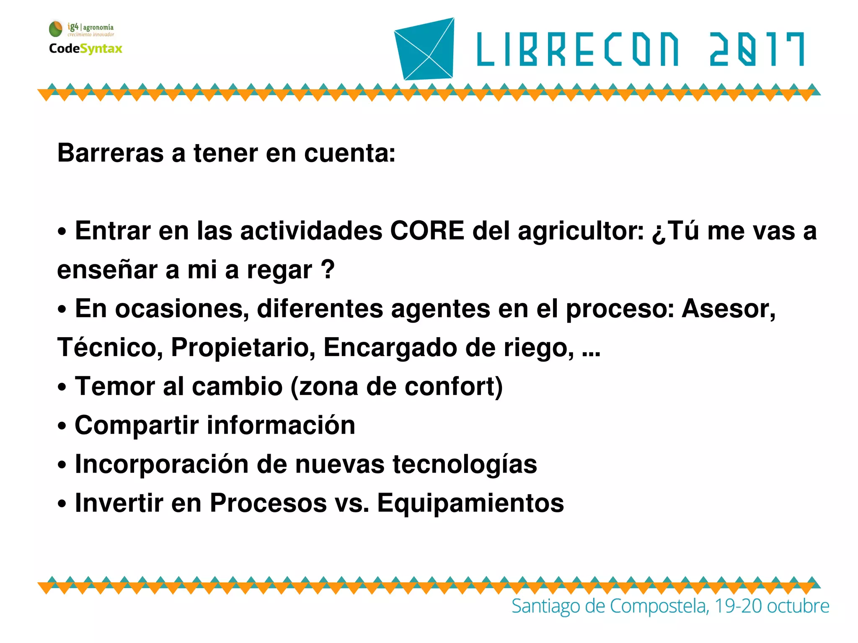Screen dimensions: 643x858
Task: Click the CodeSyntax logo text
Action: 85,49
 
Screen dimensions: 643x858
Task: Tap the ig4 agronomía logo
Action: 82,29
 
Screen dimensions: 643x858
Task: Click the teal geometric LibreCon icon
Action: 425,49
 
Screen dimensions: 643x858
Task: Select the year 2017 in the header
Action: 757,49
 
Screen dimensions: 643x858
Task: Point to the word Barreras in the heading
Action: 110,153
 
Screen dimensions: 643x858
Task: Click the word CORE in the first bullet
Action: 427,231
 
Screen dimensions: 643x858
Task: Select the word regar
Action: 279,270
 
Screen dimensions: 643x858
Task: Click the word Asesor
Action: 728,309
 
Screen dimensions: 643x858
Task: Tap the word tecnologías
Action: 465,464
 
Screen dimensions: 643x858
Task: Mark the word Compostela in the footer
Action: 658,606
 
